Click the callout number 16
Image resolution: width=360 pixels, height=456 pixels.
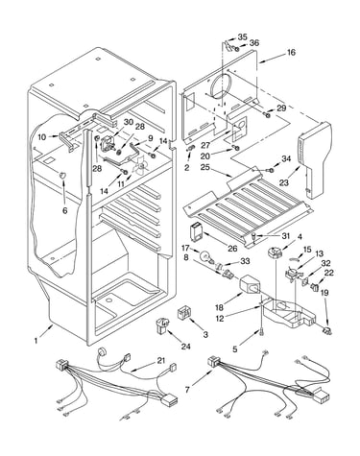(291, 52)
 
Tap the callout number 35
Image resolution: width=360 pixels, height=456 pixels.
(242, 36)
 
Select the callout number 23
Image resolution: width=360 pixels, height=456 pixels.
(284, 182)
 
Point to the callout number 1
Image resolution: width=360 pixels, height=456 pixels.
(36, 341)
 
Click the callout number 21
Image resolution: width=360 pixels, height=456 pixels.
(161, 361)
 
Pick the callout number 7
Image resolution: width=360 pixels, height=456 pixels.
(188, 390)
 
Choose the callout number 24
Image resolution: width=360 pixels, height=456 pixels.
(186, 347)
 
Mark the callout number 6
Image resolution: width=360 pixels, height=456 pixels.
(65, 210)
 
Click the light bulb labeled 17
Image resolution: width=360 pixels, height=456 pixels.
(205, 256)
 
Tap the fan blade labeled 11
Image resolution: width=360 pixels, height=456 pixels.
(141, 166)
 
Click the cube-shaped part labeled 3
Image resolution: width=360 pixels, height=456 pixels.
(184, 312)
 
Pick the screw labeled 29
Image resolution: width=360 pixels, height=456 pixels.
(267, 114)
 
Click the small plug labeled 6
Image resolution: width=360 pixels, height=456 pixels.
(62, 176)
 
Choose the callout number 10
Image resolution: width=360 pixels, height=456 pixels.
(42, 137)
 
